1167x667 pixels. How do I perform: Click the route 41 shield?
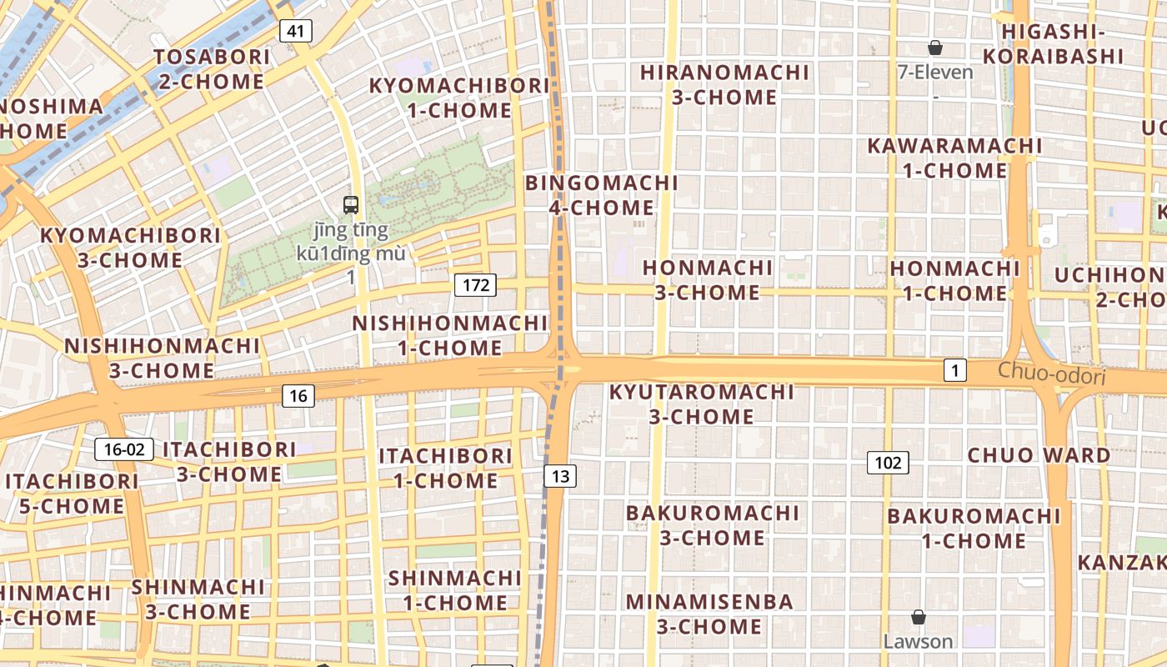pos(296,32)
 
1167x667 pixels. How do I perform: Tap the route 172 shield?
pos(476,285)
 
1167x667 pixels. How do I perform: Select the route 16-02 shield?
pos(124,449)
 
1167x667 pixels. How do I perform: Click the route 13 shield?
pos(560,476)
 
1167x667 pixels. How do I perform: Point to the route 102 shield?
pos(888,462)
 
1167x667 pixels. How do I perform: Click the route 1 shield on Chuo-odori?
pos(955,369)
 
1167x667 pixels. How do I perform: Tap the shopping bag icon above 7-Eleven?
pos(935,48)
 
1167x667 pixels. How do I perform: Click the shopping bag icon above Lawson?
pos(918,617)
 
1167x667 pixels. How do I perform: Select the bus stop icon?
pos(351,204)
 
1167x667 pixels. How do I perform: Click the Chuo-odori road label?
pos(1051,375)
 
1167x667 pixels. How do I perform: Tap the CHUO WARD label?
pos(1039,455)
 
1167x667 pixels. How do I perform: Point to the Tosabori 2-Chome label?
pos(212,69)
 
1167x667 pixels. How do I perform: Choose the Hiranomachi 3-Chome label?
pos(724,85)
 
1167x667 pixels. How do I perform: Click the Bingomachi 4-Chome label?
pos(601,195)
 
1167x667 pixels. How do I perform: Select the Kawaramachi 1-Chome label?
pos(954,158)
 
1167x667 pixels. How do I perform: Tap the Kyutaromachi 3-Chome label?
pos(701,404)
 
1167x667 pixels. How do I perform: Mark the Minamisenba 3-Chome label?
pos(709,614)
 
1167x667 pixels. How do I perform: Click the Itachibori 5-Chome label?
pos(72,494)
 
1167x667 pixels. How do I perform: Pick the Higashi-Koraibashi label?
pos(1053,44)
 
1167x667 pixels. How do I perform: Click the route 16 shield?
pos(298,396)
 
